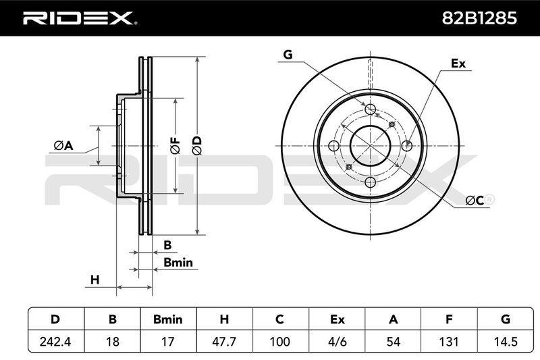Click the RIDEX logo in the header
click(x=80, y=18)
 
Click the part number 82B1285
click(x=479, y=18)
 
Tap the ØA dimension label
click(x=63, y=146)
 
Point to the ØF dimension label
click(x=175, y=145)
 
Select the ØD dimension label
click(x=197, y=145)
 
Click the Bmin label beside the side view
click(x=178, y=263)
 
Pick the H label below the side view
click(x=94, y=280)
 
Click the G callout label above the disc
click(x=288, y=55)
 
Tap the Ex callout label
click(x=458, y=63)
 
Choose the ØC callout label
click(x=475, y=200)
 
